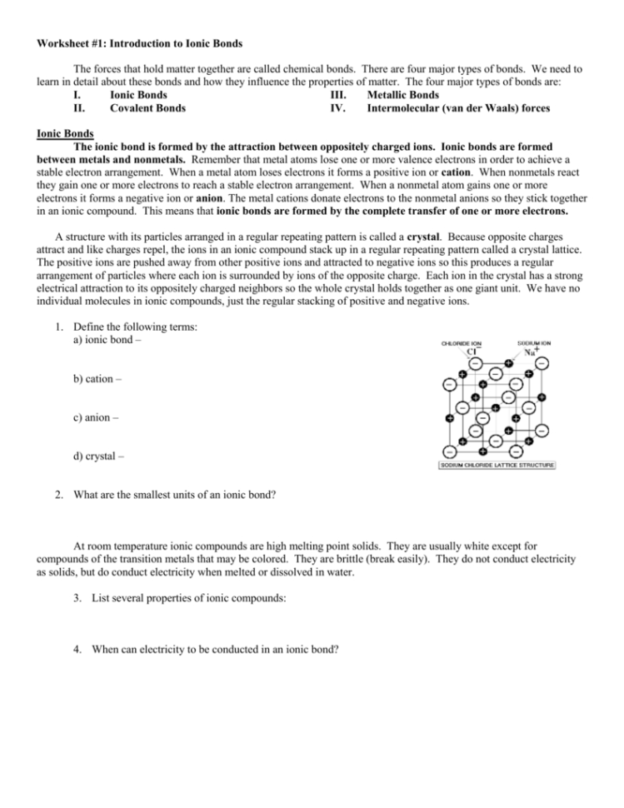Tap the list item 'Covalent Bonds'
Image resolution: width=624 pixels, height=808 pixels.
click(x=147, y=107)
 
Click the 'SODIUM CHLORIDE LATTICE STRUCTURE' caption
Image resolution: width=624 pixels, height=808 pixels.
click(x=497, y=465)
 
